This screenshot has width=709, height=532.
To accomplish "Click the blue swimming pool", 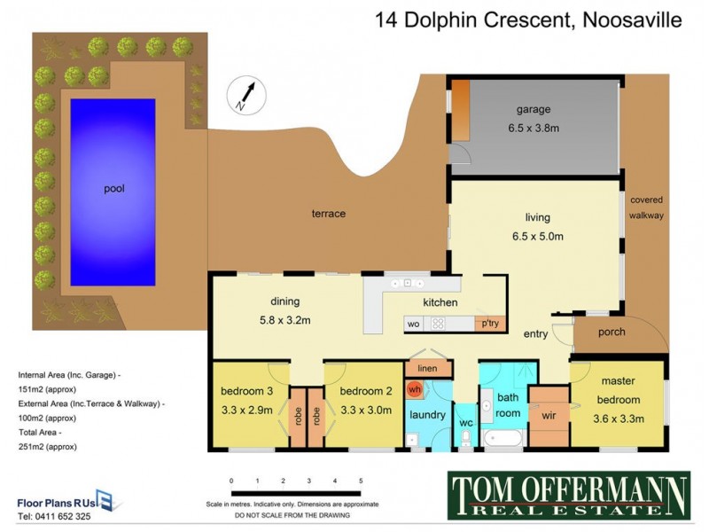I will (113, 188).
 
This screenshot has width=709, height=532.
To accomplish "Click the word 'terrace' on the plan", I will (328, 214).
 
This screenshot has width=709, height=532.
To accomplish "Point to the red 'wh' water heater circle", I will (414, 388).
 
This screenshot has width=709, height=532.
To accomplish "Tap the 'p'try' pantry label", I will (489, 324).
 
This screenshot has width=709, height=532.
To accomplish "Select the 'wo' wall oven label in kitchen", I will (413, 324).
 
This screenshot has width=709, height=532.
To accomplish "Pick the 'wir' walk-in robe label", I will (548, 414).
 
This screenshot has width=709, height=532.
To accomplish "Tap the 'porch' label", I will (612, 332).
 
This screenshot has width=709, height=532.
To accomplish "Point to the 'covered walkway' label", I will (646, 207).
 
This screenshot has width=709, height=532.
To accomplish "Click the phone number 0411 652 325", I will (54, 515).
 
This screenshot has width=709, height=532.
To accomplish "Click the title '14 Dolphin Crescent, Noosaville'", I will (528, 20).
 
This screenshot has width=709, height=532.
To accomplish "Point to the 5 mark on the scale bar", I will (361, 481).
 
